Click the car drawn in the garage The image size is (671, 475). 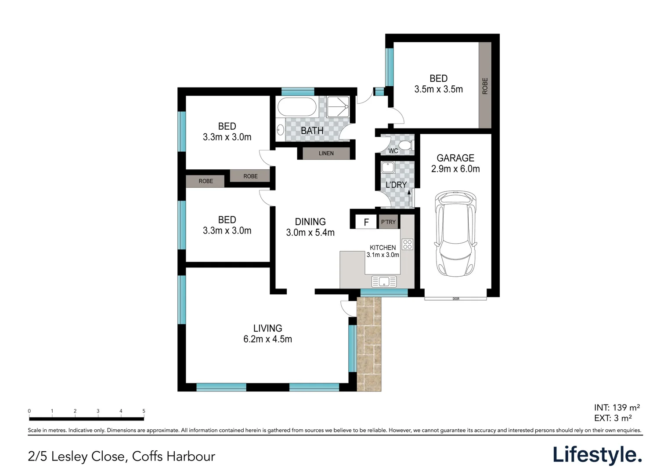pyautogui.click(x=455, y=234)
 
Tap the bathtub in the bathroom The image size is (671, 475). pyautogui.click(x=297, y=106)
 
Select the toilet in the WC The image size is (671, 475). pyautogui.click(x=406, y=146)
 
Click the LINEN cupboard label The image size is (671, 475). pyautogui.click(x=326, y=153)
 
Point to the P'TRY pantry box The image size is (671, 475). pyautogui.click(x=388, y=222)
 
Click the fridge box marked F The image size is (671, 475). pyautogui.click(x=366, y=222)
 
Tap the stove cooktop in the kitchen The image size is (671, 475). pyautogui.click(x=408, y=244)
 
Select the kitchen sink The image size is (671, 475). pyautogui.click(x=384, y=281)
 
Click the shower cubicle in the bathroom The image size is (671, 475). pyautogui.click(x=338, y=106)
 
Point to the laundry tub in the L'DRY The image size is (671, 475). pyautogui.click(x=388, y=167)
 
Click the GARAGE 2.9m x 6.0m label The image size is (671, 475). pyautogui.click(x=455, y=163)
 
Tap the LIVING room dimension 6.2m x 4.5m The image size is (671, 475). pyautogui.click(x=267, y=339)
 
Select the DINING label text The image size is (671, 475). pyautogui.click(x=310, y=222)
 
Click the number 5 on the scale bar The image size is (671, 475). pyautogui.click(x=144, y=411)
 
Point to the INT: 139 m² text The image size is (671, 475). pyautogui.click(x=617, y=407)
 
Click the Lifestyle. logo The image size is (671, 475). pyautogui.click(x=597, y=455)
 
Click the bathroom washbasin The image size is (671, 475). pyautogui.click(x=280, y=130)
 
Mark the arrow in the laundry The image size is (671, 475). pyautogui.click(x=409, y=198)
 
